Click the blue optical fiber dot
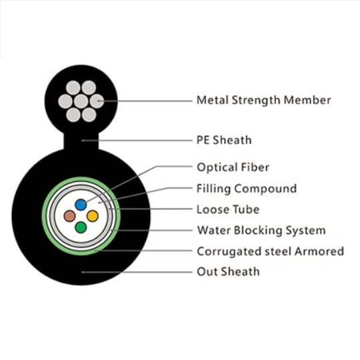[81, 205]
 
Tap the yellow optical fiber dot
[93, 216]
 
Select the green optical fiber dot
[81, 227]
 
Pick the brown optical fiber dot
[69, 216]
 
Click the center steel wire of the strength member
[81, 101]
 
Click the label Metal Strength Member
[264, 100]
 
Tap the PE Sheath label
[224, 140]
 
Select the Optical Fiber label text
[233, 167]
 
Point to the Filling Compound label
[247, 189]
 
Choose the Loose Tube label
[228, 209]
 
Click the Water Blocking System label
[261, 230]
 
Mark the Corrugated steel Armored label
[271, 251]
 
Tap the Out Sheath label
[229, 271]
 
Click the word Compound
[265, 189]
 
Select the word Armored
[319, 251]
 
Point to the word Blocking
[258, 231]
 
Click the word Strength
[256, 100]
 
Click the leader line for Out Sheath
[137, 272]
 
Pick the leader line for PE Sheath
[137, 140]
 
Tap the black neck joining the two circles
[81, 141]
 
